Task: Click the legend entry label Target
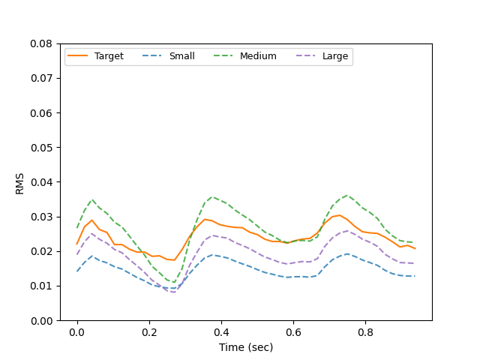click(109, 56)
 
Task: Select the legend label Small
click(181, 56)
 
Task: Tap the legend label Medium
click(258, 56)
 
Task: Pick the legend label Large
click(334, 56)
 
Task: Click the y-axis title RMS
click(20, 182)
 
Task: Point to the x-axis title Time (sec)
click(246, 347)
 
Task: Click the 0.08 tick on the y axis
click(40, 43)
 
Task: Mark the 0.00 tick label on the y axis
click(40, 320)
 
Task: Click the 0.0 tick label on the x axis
click(77, 332)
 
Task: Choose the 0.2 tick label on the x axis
click(149, 332)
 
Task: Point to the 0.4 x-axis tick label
click(221, 332)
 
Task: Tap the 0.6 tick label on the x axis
click(293, 332)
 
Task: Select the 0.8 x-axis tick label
click(365, 332)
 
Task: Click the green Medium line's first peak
click(92, 199)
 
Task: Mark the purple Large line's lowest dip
click(175, 292)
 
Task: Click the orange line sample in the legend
click(78, 56)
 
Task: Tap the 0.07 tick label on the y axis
click(40, 78)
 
